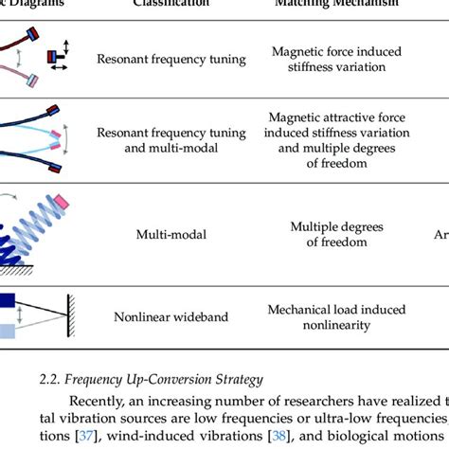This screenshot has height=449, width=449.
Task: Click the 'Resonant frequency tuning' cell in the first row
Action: point(171,59)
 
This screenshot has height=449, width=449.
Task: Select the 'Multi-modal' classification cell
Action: point(171,234)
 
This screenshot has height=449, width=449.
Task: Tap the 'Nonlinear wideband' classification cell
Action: point(171,317)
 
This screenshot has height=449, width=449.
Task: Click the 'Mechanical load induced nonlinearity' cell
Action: point(336,317)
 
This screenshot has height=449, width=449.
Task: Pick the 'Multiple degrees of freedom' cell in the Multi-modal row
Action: point(336,234)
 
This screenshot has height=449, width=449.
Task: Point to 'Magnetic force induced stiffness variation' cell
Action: point(336,59)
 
